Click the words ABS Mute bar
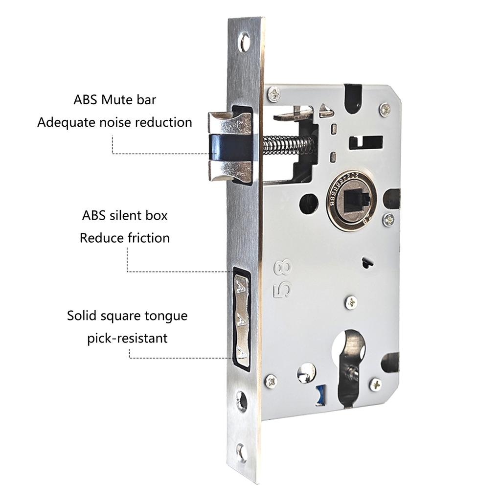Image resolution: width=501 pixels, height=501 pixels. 115,100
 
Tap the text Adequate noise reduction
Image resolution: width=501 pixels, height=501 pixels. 115,122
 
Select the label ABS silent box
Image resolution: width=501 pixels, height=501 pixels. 125,215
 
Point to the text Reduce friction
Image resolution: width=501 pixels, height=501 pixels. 125,238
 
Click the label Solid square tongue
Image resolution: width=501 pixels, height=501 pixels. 127,316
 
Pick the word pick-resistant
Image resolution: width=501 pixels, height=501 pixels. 127,338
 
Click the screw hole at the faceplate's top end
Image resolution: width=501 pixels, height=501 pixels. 244,42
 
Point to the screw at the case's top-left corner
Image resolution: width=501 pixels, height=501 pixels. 273,92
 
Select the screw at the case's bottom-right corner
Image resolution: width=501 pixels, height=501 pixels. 375,384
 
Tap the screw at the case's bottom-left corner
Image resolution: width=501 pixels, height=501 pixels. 271,381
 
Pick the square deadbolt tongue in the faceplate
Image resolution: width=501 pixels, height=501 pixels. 241,318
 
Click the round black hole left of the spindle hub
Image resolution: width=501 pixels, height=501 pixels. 308,204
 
